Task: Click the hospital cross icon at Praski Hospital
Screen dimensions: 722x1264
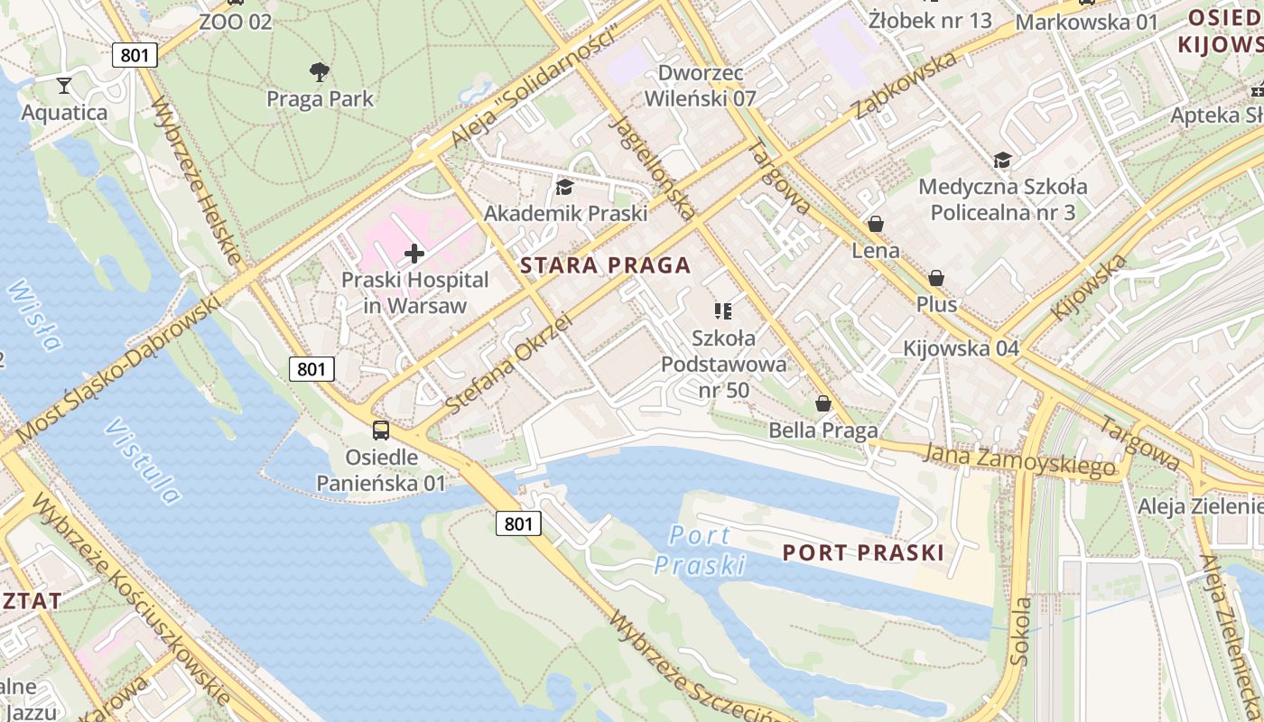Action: coord(414,255)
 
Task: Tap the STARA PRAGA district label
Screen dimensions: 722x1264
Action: coord(606,265)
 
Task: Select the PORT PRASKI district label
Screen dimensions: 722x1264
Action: coord(862,552)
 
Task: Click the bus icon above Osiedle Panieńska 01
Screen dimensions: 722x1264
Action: coord(381,430)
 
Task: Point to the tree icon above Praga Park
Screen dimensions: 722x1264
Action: coord(319,72)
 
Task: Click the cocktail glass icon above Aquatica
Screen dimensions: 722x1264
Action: coord(64,86)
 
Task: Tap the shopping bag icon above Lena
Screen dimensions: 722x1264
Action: coord(875,224)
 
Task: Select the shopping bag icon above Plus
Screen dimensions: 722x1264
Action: coord(936,278)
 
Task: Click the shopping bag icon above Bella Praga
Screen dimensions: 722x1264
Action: coord(823,403)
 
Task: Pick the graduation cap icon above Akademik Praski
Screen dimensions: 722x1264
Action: coord(565,187)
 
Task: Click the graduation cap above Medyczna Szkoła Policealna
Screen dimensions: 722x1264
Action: coord(1002,160)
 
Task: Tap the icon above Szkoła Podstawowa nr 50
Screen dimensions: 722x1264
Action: coord(722,311)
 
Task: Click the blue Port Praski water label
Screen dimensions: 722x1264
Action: coord(701,550)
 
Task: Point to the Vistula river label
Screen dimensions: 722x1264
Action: coord(142,460)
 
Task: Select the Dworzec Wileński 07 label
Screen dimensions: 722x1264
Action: coord(700,86)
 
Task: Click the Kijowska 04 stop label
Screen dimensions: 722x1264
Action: coord(961,348)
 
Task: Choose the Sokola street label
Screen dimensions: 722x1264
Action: coord(1021,631)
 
